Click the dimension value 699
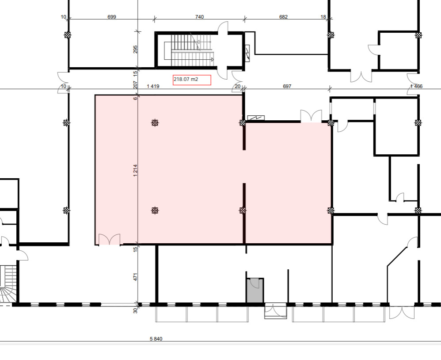(112, 17)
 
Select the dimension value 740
(199, 17)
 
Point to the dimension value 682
(283, 17)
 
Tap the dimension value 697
(287, 86)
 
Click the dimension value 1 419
(153, 86)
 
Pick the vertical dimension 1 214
(135, 170)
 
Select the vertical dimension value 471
(135, 277)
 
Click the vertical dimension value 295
(135, 49)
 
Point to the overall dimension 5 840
(156, 339)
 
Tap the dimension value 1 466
(416, 86)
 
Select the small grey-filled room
(255, 291)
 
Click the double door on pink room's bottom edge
(109, 240)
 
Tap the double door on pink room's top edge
(312, 116)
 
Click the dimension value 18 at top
(323, 17)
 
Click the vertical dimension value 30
(135, 310)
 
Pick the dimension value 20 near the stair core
(238, 86)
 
